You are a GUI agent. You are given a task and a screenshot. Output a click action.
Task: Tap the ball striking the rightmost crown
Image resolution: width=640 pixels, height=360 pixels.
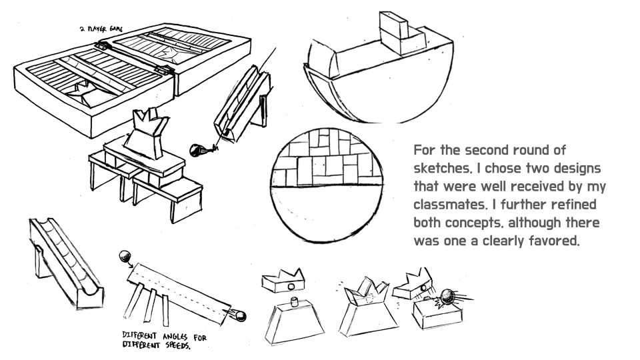(443, 295)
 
